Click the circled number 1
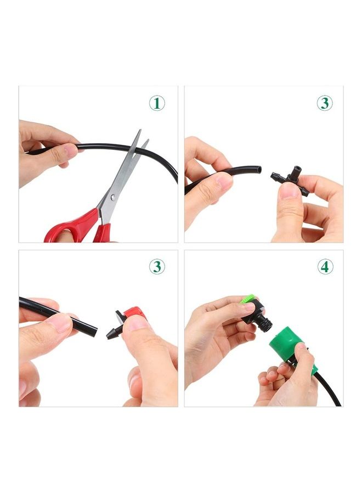pyautogui.click(x=157, y=103)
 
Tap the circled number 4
pyautogui.click(x=325, y=267)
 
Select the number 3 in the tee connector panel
pyautogui.click(x=325, y=103)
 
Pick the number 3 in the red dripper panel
pyautogui.click(x=157, y=267)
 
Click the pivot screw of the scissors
pyautogui.click(x=112, y=196)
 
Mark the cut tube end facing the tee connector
pyautogui.click(x=258, y=171)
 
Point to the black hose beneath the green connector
pyautogui.click(x=327, y=391)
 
